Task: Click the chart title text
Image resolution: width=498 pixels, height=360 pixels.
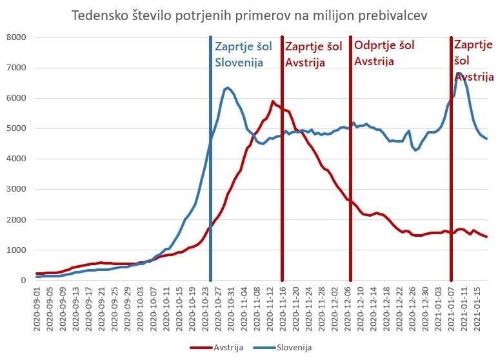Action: click(248, 15)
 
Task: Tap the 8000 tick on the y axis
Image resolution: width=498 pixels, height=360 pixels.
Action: click(15, 37)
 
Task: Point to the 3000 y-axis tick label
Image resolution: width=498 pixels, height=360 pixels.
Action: click(15, 189)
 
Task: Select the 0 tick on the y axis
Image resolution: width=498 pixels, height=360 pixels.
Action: click(22, 281)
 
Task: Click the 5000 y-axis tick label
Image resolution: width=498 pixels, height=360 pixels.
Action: click(15, 128)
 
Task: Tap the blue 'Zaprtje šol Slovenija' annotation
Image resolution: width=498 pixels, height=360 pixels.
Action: click(244, 54)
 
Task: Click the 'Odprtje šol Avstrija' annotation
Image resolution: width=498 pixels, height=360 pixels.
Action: click(384, 54)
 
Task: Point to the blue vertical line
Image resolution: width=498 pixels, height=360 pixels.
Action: click(211, 194)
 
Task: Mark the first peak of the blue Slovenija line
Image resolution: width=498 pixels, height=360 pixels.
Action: click(228, 87)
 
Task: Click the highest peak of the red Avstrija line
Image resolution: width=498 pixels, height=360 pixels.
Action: click(273, 101)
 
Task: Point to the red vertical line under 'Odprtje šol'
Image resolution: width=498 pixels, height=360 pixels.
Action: click(351, 194)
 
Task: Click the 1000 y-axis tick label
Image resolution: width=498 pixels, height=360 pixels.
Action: click(15, 250)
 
